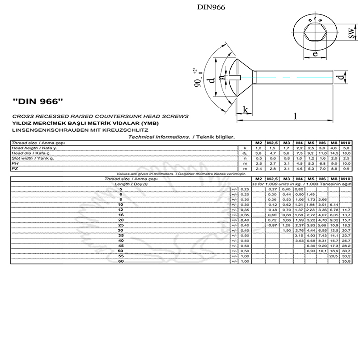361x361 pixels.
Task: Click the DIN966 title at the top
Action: point(211,7)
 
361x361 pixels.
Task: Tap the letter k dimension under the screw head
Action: point(245,110)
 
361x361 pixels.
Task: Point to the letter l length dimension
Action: point(295,116)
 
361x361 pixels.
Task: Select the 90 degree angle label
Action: point(197,81)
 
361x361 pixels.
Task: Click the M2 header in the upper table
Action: point(259,143)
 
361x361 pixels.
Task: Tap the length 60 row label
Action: point(120,261)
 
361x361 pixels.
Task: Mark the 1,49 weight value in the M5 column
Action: point(310,194)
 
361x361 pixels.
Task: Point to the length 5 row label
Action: point(120,189)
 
